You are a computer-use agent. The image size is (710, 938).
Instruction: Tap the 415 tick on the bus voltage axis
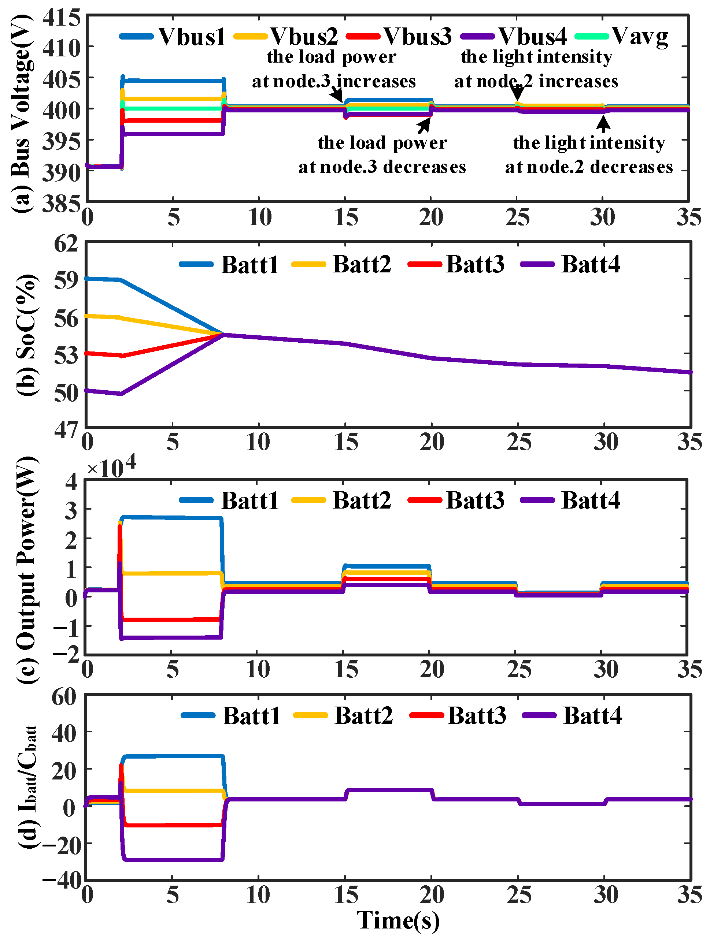pos(62,18)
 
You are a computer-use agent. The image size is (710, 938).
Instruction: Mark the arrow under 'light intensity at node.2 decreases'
pos(603,123)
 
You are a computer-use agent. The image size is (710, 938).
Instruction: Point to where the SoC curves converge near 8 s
pos(223,335)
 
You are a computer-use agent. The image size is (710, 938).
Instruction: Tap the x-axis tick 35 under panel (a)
pos(688,217)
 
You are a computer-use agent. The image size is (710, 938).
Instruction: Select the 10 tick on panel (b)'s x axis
pos(258,442)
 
